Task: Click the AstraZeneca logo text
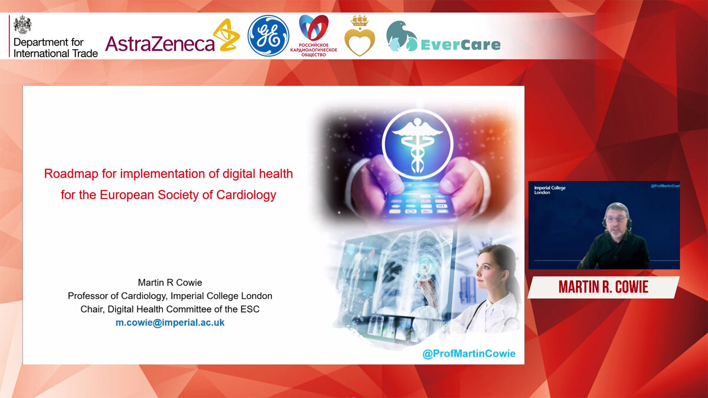[x=160, y=44]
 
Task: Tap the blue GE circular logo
[x=268, y=36]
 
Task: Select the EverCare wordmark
[x=461, y=45]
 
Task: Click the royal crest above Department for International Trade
[x=22, y=25]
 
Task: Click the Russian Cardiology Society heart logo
[x=313, y=28]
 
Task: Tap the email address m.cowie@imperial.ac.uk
[x=170, y=323]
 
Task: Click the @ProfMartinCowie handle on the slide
[x=468, y=353]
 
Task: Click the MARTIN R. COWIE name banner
[x=604, y=287]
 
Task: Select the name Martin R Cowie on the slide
[x=170, y=282]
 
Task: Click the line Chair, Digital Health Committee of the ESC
[x=170, y=309]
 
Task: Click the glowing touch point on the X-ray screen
[x=423, y=267]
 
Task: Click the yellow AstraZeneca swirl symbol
[x=227, y=35]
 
